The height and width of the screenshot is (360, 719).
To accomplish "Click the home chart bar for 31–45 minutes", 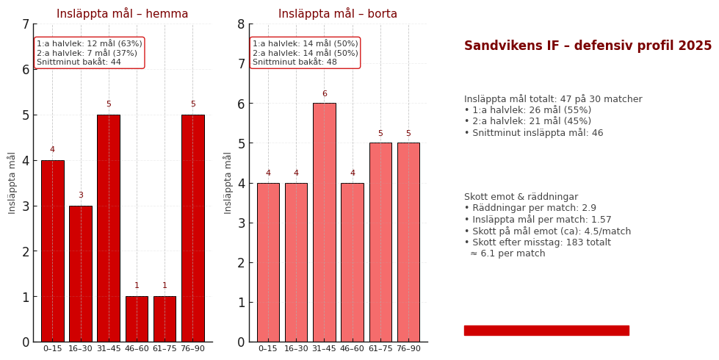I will [x=109, y=228].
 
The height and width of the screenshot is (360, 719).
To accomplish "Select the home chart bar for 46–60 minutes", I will [x=137, y=319].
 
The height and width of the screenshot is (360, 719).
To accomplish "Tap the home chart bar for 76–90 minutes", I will [x=193, y=228].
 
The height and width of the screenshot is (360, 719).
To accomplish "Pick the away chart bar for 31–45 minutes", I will [x=324, y=222].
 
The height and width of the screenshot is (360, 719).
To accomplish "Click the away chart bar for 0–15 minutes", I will [x=268, y=262].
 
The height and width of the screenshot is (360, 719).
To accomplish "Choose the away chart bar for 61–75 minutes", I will [x=380, y=242].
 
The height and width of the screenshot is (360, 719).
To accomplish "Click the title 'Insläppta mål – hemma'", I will [x=123, y=14].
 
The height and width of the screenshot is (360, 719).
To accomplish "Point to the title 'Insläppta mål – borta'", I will [x=338, y=14].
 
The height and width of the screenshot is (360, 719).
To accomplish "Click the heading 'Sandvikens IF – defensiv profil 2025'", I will [x=588, y=46].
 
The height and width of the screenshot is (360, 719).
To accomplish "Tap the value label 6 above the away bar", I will [x=324, y=94].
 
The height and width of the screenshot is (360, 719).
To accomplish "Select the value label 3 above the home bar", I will [x=81, y=195].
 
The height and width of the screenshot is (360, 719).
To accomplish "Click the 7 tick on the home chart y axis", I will [x=26, y=24].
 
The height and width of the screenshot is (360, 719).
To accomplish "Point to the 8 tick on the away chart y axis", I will [x=242, y=24].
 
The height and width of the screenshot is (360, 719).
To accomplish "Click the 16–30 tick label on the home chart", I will [x=81, y=349].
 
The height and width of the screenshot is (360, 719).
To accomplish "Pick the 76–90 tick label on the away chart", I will [x=408, y=349].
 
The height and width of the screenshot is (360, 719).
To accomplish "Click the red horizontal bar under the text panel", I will [x=546, y=331].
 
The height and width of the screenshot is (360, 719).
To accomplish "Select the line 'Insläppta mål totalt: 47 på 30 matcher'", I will [x=553, y=99].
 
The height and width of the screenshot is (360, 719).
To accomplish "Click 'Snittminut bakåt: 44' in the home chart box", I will [x=79, y=62].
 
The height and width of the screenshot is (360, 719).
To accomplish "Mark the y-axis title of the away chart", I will [x=228, y=183].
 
